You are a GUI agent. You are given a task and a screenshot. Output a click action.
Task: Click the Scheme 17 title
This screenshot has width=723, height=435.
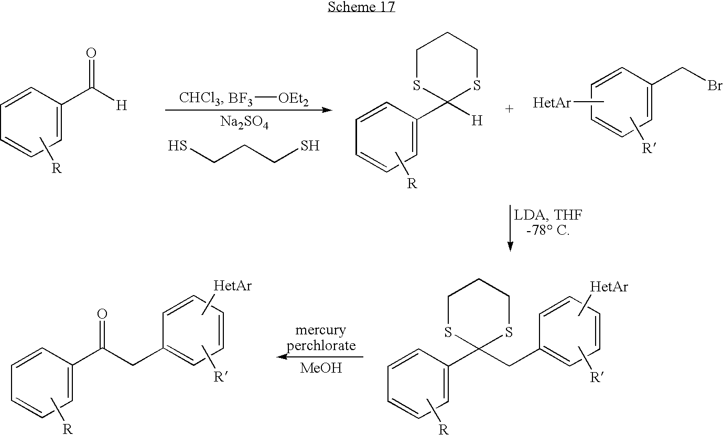click(x=361, y=6)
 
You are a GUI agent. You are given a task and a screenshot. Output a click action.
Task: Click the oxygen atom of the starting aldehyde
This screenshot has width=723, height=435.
click(x=91, y=53)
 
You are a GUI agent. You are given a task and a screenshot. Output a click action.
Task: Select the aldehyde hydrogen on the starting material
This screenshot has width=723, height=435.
click(x=121, y=105)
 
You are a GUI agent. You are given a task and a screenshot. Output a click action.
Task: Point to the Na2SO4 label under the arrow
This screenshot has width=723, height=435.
click(x=244, y=123)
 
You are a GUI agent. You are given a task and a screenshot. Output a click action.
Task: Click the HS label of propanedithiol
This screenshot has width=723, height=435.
click(x=178, y=146)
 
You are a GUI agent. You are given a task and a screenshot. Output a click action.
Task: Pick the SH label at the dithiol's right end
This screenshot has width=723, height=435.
click(x=310, y=146)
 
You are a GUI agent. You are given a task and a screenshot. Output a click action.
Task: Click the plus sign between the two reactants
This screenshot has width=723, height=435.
click(x=509, y=109)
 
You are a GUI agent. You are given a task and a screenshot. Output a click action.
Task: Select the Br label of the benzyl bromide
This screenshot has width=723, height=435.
click(x=715, y=85)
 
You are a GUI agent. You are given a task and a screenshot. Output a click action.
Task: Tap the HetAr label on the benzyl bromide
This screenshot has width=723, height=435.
click(x=552, y=103)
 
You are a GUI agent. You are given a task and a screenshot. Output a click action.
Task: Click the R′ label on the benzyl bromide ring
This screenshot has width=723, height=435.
click(x=649, y=148)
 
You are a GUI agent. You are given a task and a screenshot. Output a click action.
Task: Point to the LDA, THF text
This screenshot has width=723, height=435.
click(x=548, y=215)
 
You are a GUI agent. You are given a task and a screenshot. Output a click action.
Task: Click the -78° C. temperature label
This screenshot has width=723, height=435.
click(x=548, y=231)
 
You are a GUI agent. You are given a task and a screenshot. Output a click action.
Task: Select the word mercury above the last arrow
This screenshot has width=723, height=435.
click(x=321, y=331)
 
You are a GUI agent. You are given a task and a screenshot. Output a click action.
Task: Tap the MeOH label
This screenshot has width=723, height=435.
click(x=321, y=368)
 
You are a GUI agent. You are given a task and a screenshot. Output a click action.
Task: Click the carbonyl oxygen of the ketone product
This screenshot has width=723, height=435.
click(x=102, y=314)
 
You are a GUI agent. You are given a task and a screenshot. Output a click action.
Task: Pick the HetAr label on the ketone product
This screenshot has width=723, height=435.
click(x=232, y=286)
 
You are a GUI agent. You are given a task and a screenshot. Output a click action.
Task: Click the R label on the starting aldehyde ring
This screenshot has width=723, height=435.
click(x=57, y=168)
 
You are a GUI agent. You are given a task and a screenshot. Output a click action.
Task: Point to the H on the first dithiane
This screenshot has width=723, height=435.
click(x=477, y=121)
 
